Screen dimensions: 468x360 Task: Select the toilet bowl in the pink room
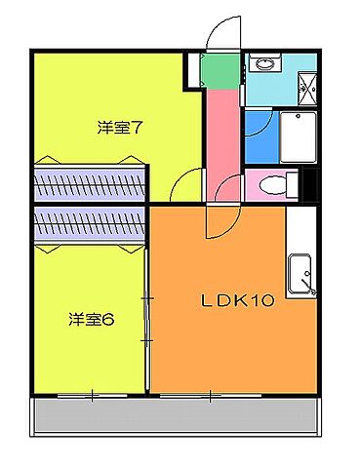click(276, 183)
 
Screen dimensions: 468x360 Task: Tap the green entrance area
click(220, 70)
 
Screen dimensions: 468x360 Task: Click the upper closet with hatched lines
click(90, 182)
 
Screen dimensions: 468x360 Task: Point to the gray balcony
click(176, 416)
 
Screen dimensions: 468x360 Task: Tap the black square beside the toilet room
click(309, 183)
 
